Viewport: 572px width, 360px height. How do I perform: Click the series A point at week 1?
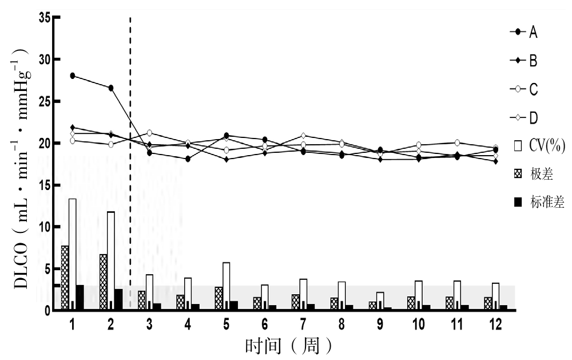point(73,76)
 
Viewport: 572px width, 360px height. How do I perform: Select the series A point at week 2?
point(111,88)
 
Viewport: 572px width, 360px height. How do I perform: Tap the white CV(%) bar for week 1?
point(73,252)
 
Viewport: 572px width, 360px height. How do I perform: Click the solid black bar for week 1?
point(80,297)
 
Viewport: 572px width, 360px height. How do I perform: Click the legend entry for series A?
point(523,32)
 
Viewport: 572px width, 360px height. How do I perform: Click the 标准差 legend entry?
point(538,201)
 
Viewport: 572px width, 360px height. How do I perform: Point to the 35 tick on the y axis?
point(44,17)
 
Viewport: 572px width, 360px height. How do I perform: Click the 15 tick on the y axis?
point(44,185)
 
